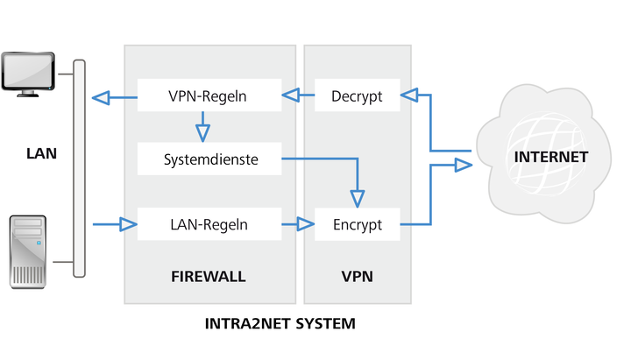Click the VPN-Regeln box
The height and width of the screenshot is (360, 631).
click(x=209, y=95)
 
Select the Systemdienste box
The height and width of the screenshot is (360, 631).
click(x=209, y=159)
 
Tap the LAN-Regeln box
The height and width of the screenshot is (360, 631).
click(x=209, y=224)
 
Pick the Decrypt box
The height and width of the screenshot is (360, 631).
click(x=358, y=95)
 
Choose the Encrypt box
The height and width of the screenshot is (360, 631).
click(x=358, y=224)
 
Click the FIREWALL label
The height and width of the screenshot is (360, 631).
click(x=208, y=276)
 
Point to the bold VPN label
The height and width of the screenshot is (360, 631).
click(x=358, y=276)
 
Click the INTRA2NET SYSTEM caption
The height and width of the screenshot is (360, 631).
click(x=280, y=323)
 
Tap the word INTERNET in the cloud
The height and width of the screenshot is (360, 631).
click(x=551, y=157)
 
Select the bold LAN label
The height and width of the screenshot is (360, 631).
click(x=41, y=153)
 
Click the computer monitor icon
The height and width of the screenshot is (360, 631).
click(x=28, y=74)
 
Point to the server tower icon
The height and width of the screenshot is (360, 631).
click(x=28, y=251)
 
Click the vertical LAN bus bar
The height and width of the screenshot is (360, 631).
click(x=79, y=168)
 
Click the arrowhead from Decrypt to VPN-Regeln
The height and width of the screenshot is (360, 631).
click(x=291, y=95)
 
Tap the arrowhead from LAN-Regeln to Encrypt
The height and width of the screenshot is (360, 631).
click(x=306, y=224)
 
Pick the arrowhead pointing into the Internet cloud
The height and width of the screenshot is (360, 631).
click(x=464, y=165)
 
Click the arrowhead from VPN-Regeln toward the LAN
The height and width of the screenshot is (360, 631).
click(x=101, y=97)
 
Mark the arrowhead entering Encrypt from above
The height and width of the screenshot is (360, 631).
click(x=358, y=199)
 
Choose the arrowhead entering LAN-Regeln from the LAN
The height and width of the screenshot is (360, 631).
click(x=129, y=224)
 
